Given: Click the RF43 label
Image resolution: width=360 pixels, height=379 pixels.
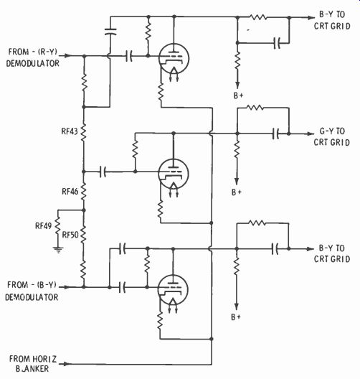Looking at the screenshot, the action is point(70,131).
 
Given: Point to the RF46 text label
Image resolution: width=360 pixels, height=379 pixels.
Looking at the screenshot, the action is point(70,192).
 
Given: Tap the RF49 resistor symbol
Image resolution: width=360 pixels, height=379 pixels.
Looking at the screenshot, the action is point(57,225).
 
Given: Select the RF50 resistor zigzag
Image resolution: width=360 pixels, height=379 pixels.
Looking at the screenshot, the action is point(83,235).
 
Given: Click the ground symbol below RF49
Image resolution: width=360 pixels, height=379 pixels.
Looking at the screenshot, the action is point(58,249).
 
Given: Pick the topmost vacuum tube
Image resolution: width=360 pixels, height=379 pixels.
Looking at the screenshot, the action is point(174,58).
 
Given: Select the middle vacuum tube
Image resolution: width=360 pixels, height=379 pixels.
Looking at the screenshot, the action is point(174,174).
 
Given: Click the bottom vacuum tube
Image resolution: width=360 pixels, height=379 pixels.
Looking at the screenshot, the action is point(173,289).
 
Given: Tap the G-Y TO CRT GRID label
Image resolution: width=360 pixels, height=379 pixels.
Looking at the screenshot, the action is point(331,137).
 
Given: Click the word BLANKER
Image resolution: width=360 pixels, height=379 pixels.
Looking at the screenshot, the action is point(32,369).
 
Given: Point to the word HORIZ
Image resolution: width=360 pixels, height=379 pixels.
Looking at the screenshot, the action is point(44,359).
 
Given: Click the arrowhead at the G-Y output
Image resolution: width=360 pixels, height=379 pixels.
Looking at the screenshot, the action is point(310,134).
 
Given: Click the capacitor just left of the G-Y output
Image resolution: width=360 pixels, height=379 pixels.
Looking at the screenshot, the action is point(275,134).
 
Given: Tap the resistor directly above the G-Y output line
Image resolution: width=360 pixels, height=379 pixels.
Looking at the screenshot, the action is point(255,108).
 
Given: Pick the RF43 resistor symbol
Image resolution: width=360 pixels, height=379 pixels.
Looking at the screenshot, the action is point(83,132).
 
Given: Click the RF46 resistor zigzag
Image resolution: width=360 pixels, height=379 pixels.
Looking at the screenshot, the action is point(83,192).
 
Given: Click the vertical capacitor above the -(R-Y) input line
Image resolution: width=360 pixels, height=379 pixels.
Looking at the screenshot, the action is point(110,32).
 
